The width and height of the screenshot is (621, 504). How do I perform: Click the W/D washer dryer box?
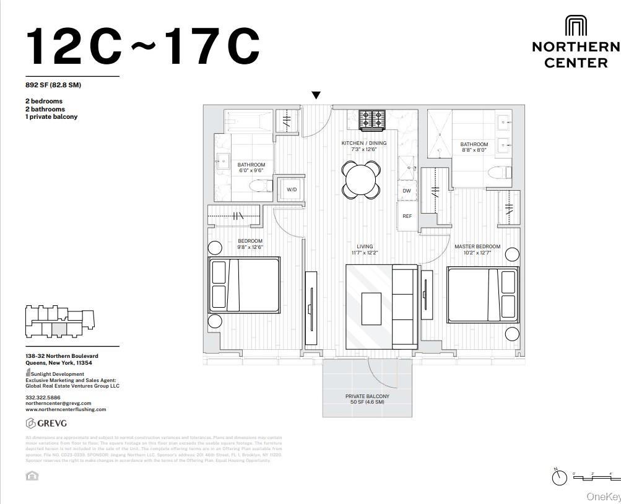click(291, 189)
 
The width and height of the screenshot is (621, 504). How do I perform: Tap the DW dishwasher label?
click(407, 191)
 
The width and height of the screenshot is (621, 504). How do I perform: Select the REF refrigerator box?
click(407, 216)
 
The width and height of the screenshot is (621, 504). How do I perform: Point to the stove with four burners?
click(372, 119)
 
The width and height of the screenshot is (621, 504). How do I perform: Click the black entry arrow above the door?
click(316, 95)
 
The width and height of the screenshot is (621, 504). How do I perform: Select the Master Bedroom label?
click(477, 250)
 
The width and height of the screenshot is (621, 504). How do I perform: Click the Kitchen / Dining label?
click(363, 146)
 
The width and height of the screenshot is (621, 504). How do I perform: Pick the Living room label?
click(365, 250)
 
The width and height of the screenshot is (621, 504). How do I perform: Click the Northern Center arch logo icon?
click(576, 27)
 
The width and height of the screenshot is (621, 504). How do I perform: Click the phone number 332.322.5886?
click(43, 398)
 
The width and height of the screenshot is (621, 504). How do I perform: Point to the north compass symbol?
click(559, 477)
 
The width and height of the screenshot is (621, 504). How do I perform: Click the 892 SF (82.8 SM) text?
click(53, 85)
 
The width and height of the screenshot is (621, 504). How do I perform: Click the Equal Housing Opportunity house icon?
click(32, 476)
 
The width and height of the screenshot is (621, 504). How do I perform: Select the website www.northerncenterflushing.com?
click(66, 409)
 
